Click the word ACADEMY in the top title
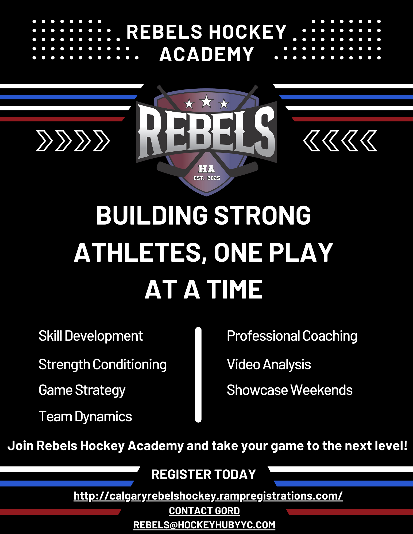[206, 54]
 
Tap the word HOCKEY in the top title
[248, 32]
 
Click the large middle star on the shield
[206, 101]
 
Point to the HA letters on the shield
[206, 169]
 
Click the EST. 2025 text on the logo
[207, 178]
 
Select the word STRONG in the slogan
[263, 215]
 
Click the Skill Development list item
[91, 336]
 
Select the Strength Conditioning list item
[103, 365]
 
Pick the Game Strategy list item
[82, 391]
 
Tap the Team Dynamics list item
[85, 417]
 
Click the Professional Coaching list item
[292, 336]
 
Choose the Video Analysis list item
[269, 365]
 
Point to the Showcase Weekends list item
[290, 390]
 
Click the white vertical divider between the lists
[198, 375]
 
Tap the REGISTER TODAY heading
[204, 474]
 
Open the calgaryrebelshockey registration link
[208, 496]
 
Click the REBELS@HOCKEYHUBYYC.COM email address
[204, 525]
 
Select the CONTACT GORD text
[204, 511]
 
